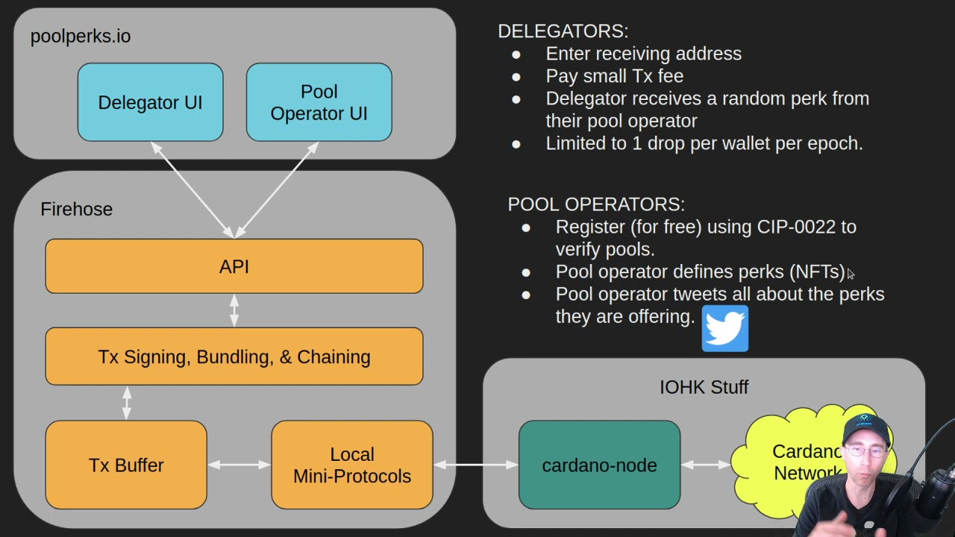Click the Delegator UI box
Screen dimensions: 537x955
tap(150, 102)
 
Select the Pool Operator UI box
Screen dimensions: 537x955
tap(319, 102)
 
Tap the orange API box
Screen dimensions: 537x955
tap(234, 266)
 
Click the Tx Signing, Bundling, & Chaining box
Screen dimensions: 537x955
tap(234, 357)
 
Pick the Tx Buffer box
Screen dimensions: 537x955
tap(125, 465)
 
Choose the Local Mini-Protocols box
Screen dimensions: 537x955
tap(351, 465)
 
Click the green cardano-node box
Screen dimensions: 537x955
tap(599, 465)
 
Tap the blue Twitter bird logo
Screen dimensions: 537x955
tap(724, 328)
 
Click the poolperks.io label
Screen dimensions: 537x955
tap(81, 36)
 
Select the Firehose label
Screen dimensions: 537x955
tap(76, 209)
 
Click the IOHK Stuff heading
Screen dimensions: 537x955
tap(704, 386)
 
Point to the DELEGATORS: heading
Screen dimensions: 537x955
tap(563, 31)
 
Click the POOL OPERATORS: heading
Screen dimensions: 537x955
tap(595, 204)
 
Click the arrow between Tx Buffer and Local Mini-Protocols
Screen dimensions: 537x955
tap(239, 465)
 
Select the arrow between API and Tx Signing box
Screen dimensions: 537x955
tap(234, 310)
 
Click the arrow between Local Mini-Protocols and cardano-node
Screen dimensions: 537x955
tap(475, 465)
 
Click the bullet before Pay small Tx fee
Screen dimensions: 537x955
tap(516, 76)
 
